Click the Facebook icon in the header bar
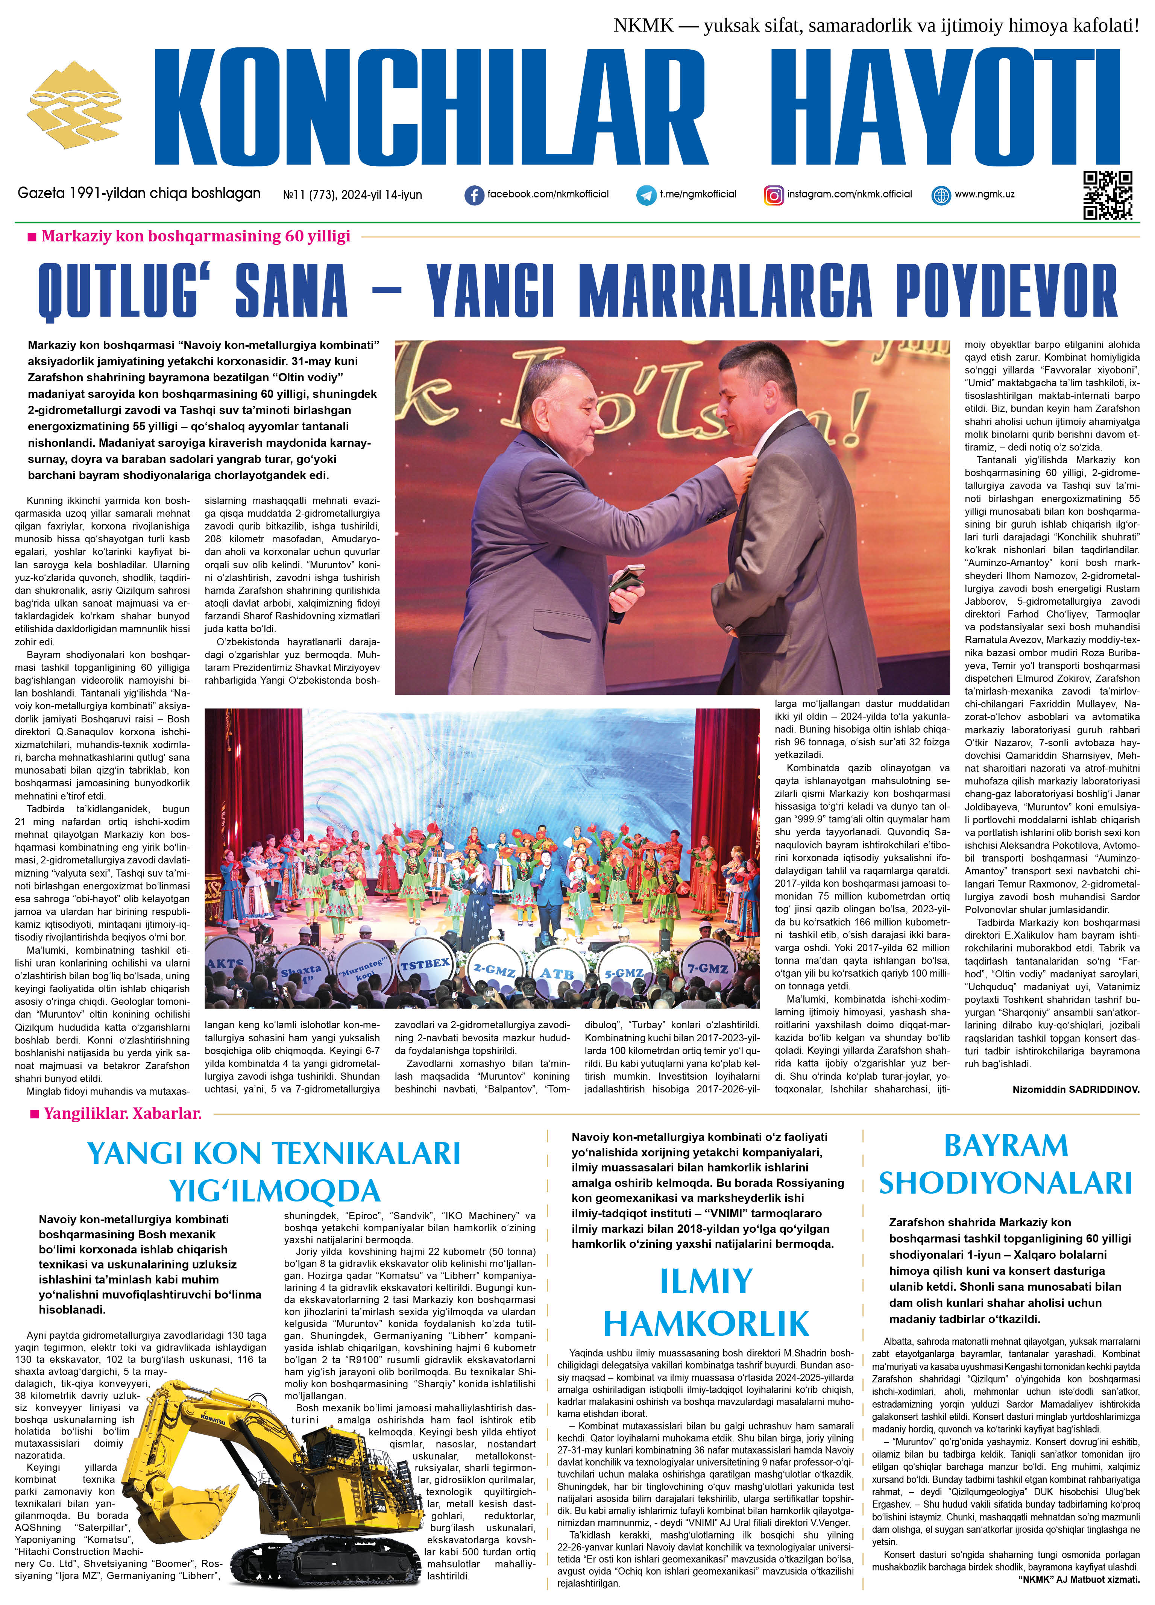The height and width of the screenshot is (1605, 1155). pos(474,195)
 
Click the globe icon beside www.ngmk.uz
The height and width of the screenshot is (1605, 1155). pos(941,195)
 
